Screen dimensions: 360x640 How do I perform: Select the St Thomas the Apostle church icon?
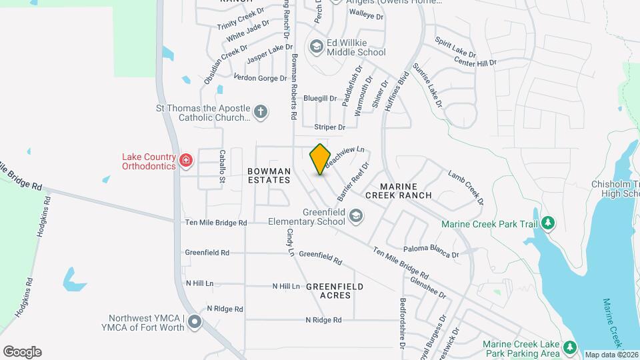pyautogui.click(x=261, y=111)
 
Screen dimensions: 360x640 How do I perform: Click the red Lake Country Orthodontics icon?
pyautogui.click(x=186, y=160)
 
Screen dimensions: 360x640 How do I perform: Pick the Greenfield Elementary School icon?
pyautogui.click(x=356, y=215)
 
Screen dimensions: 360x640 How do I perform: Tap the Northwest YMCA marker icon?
pyautogui.click(x=195, y=323)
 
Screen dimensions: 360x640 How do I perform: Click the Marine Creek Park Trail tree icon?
pyautogui.click(x=548, y=223)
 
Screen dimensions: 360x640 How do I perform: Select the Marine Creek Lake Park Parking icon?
pyautogui.click(x=569, y=347)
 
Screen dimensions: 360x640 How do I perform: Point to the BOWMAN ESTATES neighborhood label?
pyautogui.click(x=269, y=175)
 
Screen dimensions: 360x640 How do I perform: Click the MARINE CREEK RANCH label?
pyautogui.click(x=406, y=190)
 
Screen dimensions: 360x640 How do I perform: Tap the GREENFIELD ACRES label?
pyautogui.click(x=335, y=291)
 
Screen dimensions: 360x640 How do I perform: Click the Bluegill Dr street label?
pyautogui.click(x=320, y=98)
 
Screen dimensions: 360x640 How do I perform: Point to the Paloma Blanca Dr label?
pyautogui.click(x=431, y=250)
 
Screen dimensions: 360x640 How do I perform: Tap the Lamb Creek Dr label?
pyautogui.click(x=465, y=187)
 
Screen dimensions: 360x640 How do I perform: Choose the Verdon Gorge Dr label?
pyautogui.click(x=260, y=78)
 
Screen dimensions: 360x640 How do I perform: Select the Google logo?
pyautogui.click(x=22, y=352)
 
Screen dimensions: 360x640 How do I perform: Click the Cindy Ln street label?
pyautogui.click(x=290, y=243)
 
